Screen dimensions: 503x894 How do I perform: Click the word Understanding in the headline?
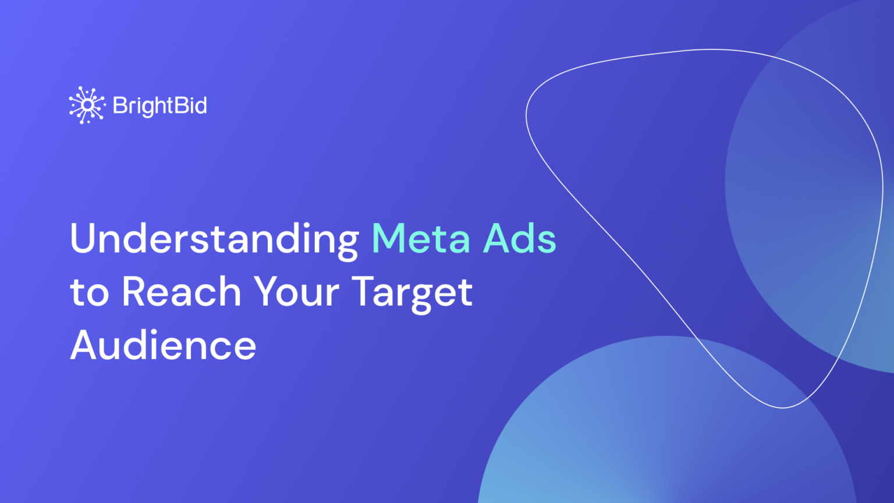[214, 239]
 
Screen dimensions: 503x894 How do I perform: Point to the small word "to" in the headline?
[89, 293]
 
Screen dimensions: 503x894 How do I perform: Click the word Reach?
[181, 292]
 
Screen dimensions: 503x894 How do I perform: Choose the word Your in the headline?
[296, 292]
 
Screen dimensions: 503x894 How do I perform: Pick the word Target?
[412, 293]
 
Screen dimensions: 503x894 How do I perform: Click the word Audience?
[163, 345]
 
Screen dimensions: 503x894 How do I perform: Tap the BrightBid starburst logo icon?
[87, 105]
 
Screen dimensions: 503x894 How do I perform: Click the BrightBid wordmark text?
[159, 106]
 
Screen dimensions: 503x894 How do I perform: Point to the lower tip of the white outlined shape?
[783, 407]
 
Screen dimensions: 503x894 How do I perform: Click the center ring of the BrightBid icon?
[87, 105]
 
